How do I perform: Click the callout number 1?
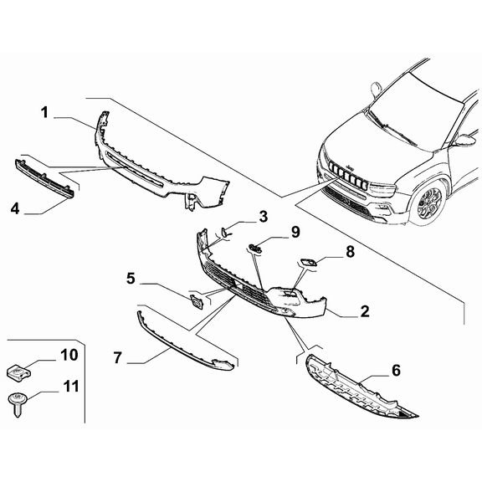click(45, 112)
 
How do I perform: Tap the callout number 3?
click(262, 218)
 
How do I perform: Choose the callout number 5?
click(131, 276)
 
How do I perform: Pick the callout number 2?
click(365, 311)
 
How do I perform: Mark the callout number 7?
click(119, 358)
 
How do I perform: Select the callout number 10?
click(69, 356)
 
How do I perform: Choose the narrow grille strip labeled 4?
click(44, 177)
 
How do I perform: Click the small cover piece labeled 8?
click(308, 264)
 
